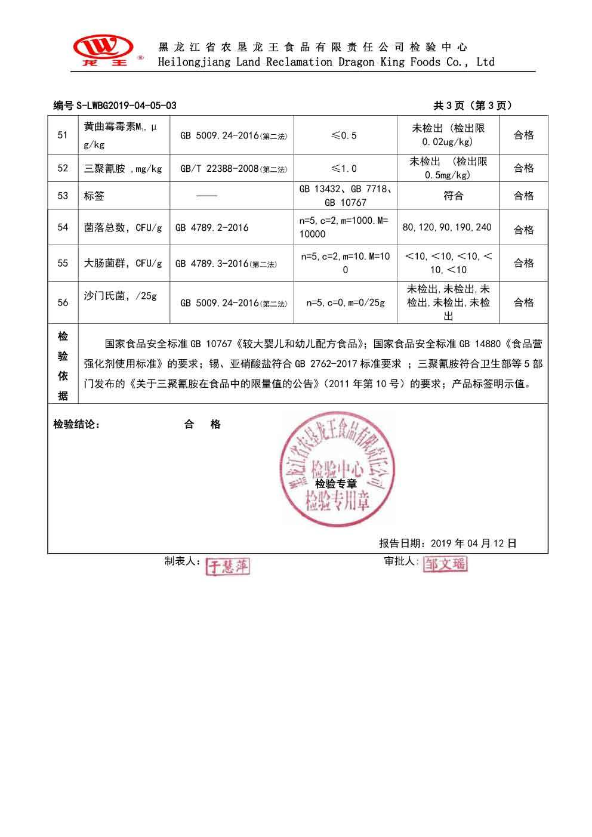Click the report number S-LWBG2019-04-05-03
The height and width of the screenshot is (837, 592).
115,106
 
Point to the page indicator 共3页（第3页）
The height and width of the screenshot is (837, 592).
472,106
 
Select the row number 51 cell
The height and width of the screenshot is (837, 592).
63,135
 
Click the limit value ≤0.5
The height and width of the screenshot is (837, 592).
344,135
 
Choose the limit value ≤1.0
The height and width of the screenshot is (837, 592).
344,169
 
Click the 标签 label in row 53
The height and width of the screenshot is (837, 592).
94,196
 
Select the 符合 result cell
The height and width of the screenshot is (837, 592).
454,196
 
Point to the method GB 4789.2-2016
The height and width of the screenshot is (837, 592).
212,228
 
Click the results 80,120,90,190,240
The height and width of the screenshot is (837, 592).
447,227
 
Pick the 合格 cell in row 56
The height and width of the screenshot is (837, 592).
523,302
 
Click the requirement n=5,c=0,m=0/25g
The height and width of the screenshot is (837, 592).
346,303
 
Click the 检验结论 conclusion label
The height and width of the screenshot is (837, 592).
76,425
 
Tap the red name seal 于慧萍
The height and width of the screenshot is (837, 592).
227,567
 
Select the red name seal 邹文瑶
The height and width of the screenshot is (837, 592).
445,564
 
